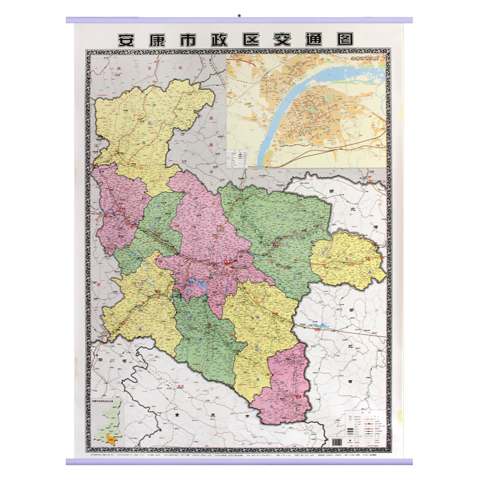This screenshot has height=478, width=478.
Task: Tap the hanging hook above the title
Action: pyautogui.click(x=238, y=14)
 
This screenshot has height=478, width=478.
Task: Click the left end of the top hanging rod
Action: pyautogui.click(x=68, y=20)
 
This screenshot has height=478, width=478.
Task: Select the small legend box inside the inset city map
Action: pyautogui.click(x=237, y=157)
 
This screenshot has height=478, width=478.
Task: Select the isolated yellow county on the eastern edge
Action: pyautogui.click(x=347, y=260)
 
